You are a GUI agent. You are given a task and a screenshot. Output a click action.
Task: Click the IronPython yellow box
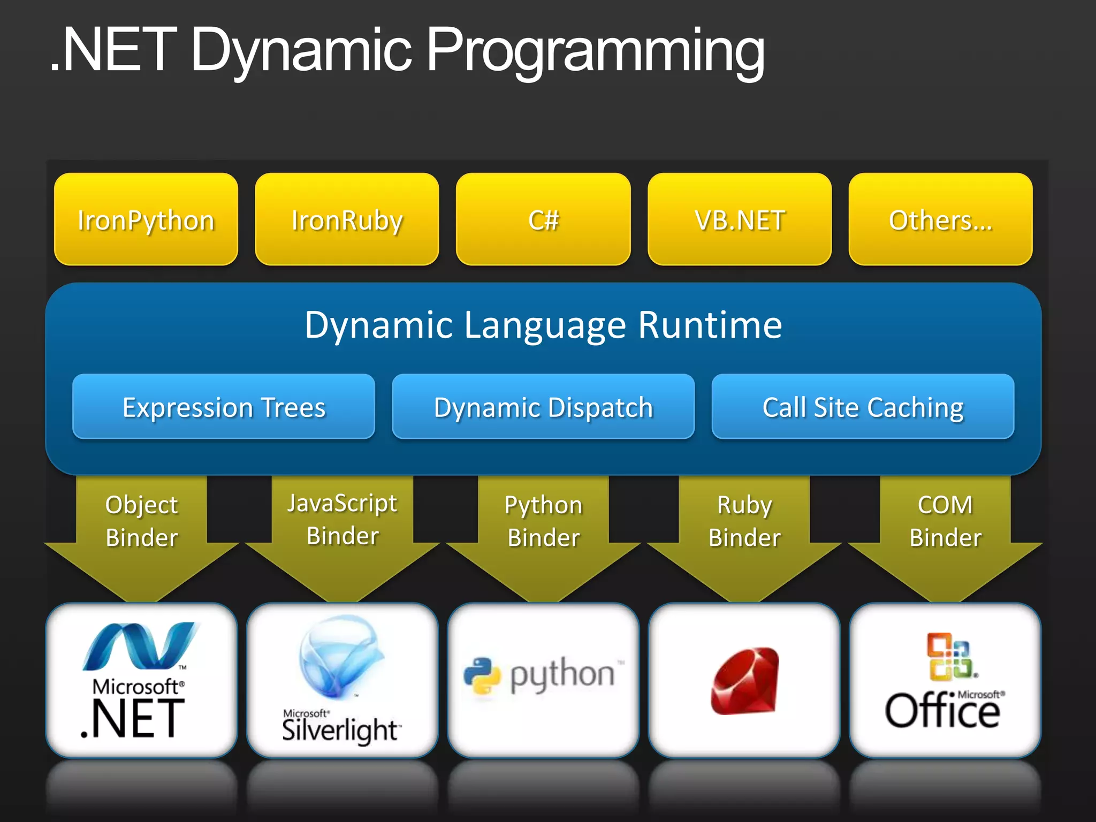pyautogui.click(x=146, y=219)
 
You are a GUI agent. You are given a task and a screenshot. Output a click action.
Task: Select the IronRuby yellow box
pyautogui.click(x=347, y=219)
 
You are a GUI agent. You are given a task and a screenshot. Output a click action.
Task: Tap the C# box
pyautogui.click(x=543, y=219)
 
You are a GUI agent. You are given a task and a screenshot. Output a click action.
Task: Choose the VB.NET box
pyautogui.click(x=740, y=219)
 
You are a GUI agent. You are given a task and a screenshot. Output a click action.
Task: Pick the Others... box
pyautogui.click(x=940, y=219)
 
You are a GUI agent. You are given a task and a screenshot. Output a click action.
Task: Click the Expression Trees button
pyautogui.click(x=224, y=407)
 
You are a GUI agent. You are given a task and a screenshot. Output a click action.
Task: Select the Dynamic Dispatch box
pyautogui.click(x=543, y=407)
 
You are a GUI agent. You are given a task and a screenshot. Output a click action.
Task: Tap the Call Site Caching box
pyautogui.click(x=863, y=407)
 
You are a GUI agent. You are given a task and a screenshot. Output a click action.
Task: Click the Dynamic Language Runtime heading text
pyautogui.click(x=543, y=325)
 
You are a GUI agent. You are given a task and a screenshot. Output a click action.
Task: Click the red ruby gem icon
pyautogui.click(x=745, y=681)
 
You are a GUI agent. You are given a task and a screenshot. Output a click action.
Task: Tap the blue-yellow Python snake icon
pyautogui.click(x=482, y=675)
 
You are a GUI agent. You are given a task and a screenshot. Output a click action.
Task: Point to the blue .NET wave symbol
pyautogui.click(x=140, y=646)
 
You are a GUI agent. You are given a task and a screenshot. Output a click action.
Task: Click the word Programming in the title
pyautogui.click(x=595, y=51)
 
